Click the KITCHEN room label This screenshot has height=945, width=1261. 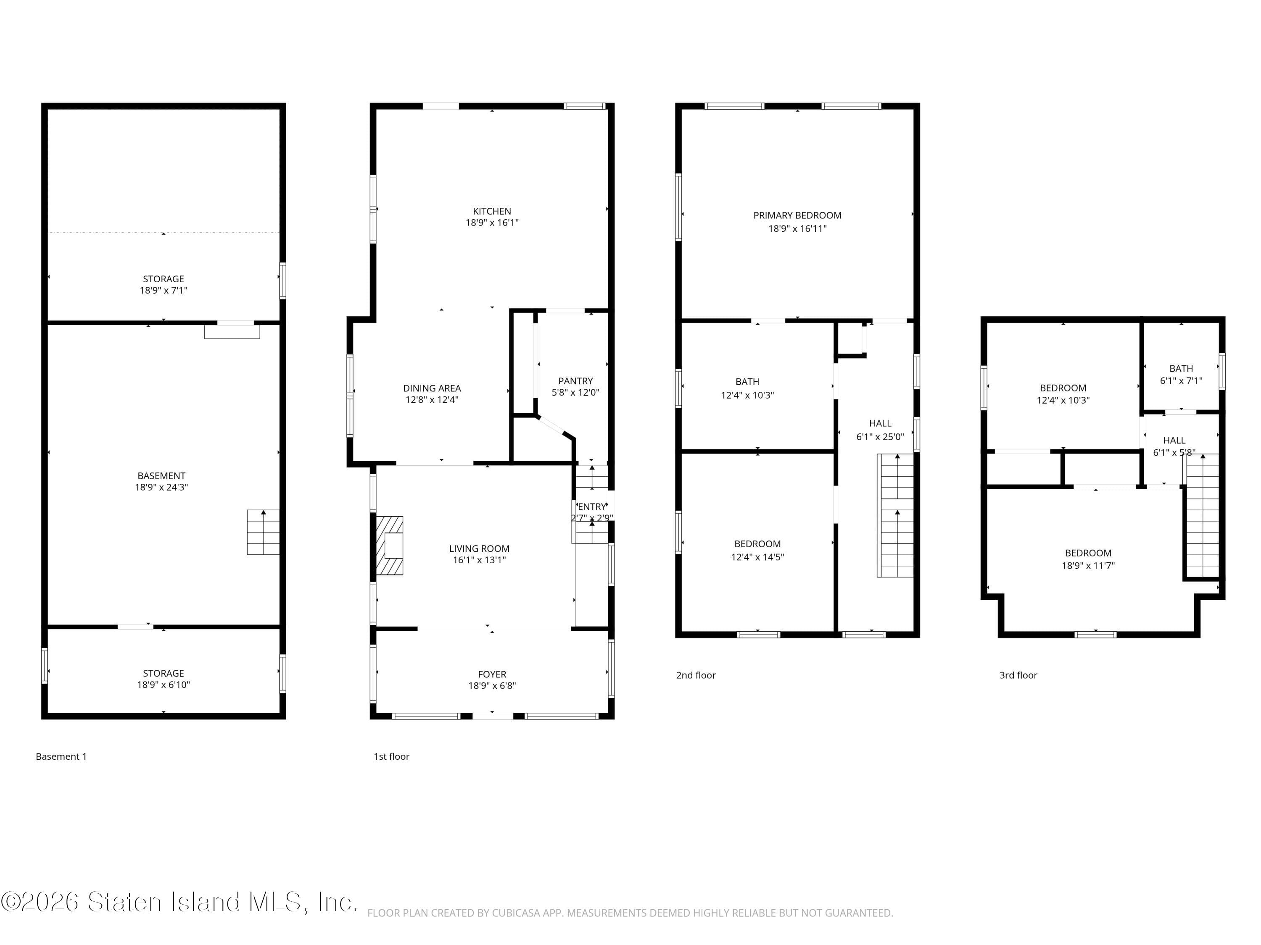point(491,211)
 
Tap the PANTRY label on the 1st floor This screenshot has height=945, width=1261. point(575,381)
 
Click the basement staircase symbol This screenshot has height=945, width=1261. point(263,532)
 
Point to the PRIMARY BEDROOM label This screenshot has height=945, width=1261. point(797,215)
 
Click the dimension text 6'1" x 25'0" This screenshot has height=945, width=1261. point(880,437)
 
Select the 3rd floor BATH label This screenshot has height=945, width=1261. point(1181,368)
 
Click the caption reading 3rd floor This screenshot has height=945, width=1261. point(1018,675)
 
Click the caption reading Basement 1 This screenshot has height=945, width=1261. point(61,756)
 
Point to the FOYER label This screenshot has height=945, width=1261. point(491,674)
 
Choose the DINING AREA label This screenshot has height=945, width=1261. point(432,388)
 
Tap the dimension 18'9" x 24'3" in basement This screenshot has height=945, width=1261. point(161,487)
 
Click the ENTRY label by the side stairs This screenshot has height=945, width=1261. point(592,507)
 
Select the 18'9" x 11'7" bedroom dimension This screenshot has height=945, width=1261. point(1088,566)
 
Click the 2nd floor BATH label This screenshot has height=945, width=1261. point(747,382)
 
